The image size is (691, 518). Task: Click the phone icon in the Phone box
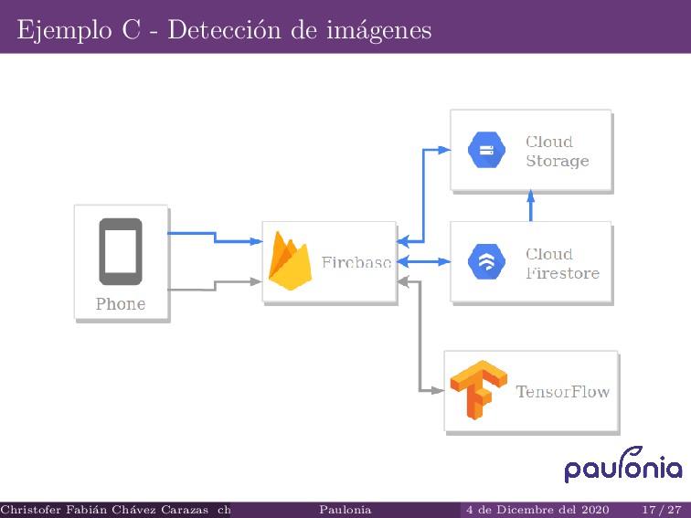point(121,251)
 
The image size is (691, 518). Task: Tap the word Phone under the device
point(121,304)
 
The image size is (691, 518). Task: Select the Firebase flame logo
point(291,261)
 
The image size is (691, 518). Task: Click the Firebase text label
point(356,262)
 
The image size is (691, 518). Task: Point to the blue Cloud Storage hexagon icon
point(486,151)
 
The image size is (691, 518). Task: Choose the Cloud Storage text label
point(557,152)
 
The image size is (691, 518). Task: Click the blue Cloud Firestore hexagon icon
point(486,263)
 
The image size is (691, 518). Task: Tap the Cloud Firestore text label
point(561,264)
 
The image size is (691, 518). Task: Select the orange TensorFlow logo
point(478,390)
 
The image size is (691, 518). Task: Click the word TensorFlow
point(562,392)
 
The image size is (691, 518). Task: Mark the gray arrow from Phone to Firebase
point(216,286)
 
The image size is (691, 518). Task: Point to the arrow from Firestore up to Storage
point(530,206)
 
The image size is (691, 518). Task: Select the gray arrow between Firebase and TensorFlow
point(419,338)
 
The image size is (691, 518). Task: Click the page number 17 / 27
point(661,509)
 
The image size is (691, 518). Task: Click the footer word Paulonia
point(345,509)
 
